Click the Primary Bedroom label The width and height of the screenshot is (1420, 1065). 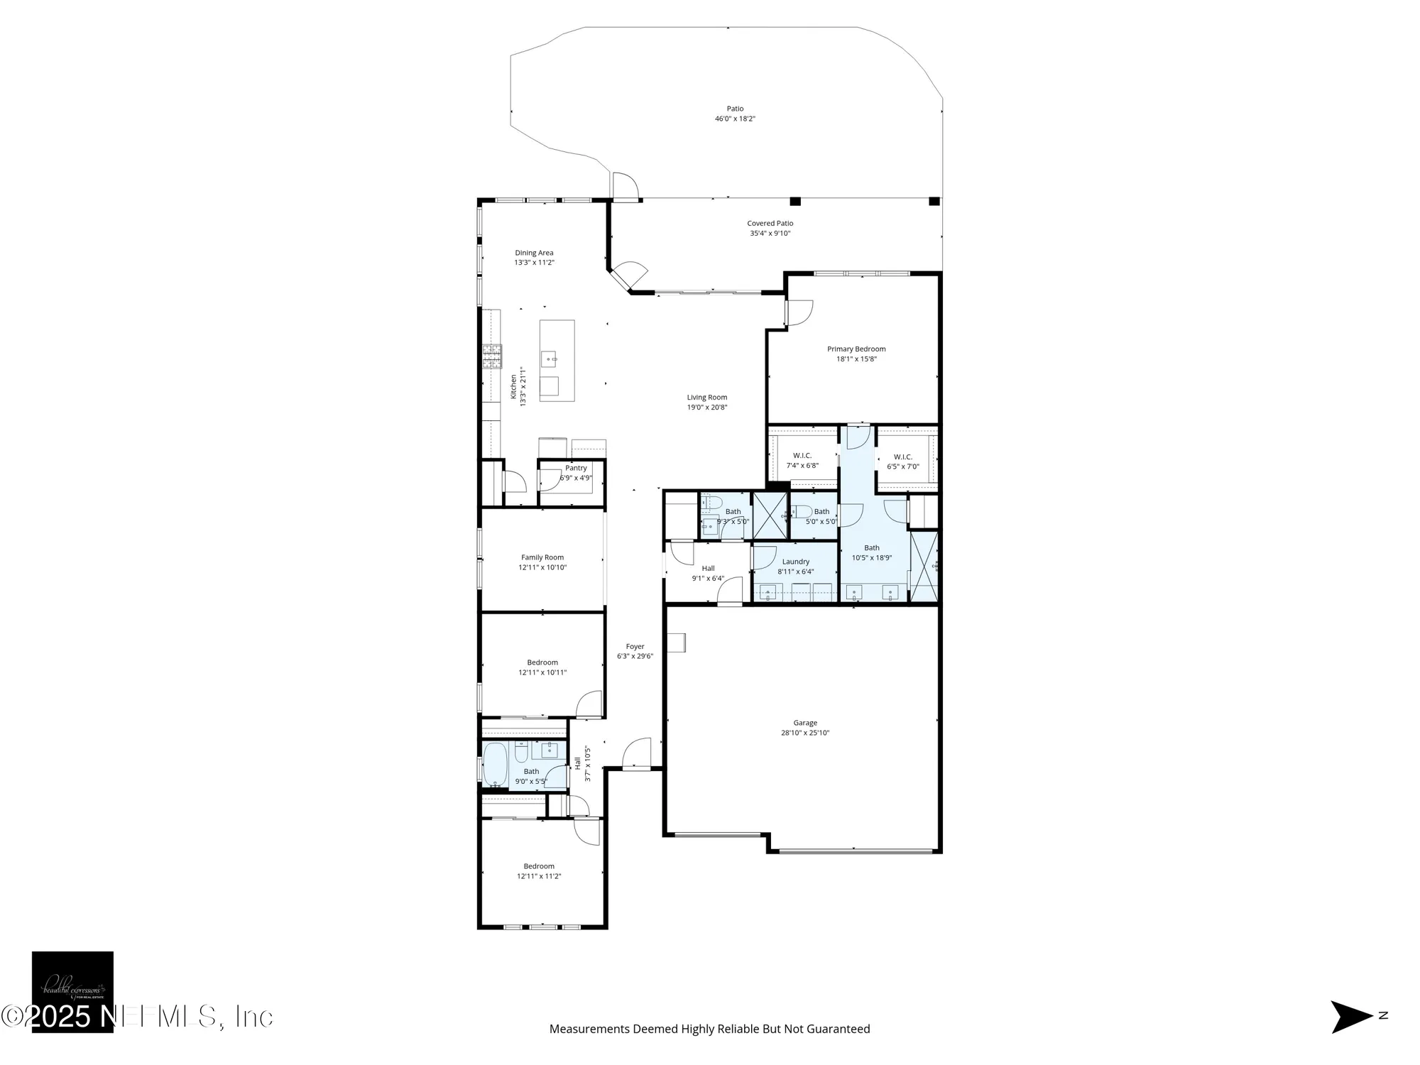pos(856,349)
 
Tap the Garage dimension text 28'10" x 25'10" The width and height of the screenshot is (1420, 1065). pos(805,733)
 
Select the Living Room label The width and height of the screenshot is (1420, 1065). pos(706,398)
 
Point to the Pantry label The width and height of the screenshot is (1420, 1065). pos(576,468)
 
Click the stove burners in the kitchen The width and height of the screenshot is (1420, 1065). pos(492,356)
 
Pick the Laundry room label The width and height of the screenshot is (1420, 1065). pos(795,562)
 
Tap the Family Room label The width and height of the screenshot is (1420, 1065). pos(542,557)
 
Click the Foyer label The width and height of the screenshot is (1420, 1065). pos(635,647)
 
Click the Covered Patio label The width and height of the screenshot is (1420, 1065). pos(770,223)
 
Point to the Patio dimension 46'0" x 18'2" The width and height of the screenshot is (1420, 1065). pos(735,119)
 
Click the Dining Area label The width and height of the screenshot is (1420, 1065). pos(534,253)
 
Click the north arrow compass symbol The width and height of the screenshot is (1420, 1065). pos(1351,1016)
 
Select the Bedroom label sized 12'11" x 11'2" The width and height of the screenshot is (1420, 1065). pos(539,866)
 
